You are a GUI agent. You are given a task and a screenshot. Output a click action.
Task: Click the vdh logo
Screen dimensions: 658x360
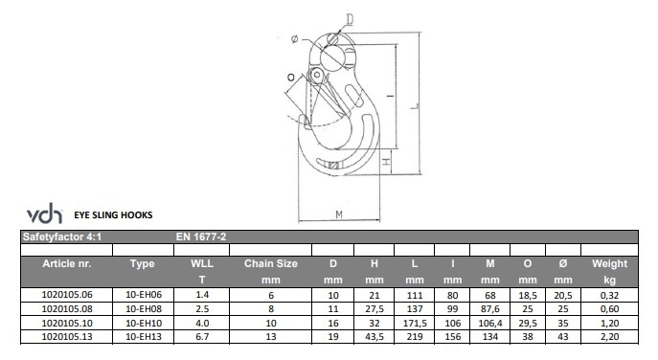(x=44, y=214)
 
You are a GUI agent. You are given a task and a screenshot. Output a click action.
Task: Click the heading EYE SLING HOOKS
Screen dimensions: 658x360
(x=113, y=215)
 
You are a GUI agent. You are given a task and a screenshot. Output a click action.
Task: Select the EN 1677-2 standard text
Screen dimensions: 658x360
(x=201, y=237)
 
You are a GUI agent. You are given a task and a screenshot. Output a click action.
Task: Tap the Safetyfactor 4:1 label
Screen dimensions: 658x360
(x=62, y=237)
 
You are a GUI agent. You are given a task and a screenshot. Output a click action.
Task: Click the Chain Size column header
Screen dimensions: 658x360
(x=271, y=264)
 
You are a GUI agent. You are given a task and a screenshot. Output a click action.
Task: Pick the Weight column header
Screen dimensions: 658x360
(x=609, y=264)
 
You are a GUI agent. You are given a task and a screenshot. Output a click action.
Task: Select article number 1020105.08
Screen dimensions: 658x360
(x=67, y=309)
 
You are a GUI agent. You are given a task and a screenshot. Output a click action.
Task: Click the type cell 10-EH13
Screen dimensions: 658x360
(x=144, y=337)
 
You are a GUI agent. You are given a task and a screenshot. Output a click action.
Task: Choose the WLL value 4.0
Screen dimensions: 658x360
(x=202, y=323)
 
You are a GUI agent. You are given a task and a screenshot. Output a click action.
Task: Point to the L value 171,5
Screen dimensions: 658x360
(x=415, y=323)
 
